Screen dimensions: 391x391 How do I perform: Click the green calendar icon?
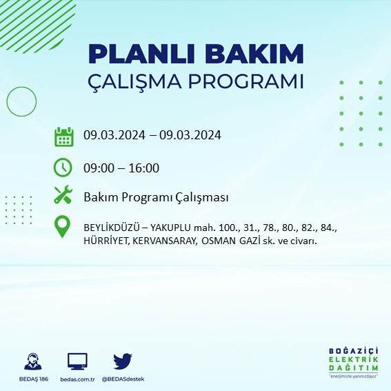pyautogui.click(x=63, y=136)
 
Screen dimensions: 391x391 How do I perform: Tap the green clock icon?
pyautogui.click(x=63, y=168)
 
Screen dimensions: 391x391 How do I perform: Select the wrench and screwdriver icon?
pyautogui.click(x=63, y=197)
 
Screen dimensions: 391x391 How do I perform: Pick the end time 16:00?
pyautogui.click(x=144, y=168)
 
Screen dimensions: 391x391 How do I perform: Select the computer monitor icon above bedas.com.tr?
pyautogui.click(x=77, y=361)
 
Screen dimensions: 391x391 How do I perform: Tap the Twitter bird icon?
pyautogui.click(x=123, y=361)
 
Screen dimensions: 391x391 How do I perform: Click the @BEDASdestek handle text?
pyautogui.click(x=123, y=379)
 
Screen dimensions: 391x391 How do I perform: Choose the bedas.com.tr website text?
pyautogui.click(x=77, y=379)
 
